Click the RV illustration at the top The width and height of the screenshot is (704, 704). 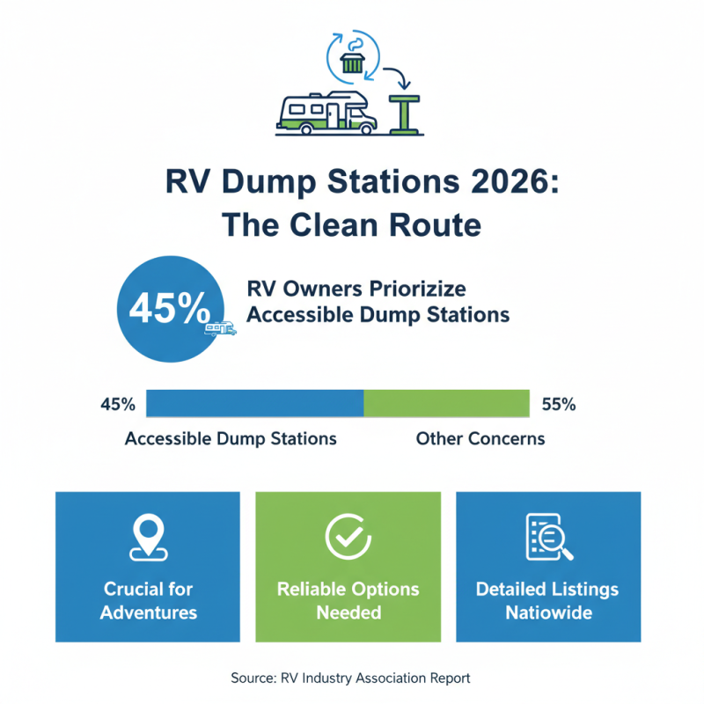tap(326, 113)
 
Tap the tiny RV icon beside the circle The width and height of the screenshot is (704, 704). tap(220, 328)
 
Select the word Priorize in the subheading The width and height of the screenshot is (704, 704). tap(415, 290)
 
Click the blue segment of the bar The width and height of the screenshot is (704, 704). tap(255, 404)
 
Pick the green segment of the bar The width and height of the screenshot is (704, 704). tap(446, 404)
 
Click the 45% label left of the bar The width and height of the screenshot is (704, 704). tap(118, 405)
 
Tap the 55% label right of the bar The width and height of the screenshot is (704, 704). tap(559, 405)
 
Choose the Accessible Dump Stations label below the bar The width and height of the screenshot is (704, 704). tap(231, 438)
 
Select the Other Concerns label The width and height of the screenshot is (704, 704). tap(480, 438)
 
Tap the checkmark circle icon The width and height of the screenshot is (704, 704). tap(348, 536)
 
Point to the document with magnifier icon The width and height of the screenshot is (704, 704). tap(548, 537)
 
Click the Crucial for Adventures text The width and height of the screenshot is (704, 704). tap(148, 600)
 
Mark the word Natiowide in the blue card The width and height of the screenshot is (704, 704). tap(547, 612)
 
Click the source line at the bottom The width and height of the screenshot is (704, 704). tap(351, 678)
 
